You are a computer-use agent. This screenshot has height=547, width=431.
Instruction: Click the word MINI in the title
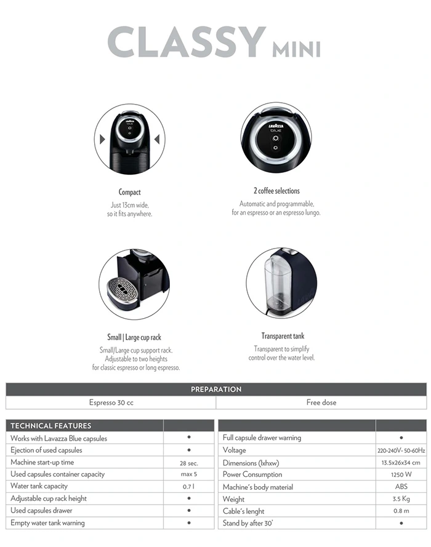[x=296, y=47]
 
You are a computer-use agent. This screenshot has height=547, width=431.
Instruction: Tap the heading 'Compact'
[x=129, y=192]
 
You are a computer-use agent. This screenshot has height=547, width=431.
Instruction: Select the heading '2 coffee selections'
[x=276, y=191]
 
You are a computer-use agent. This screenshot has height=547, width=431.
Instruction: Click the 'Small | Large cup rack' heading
[x=134, y=337]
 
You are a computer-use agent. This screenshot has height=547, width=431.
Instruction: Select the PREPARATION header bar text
[x=216, y=389]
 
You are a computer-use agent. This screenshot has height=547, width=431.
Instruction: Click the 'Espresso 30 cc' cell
[x=111, y=402]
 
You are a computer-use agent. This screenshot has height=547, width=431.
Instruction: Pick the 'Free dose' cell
[x=321, y=402]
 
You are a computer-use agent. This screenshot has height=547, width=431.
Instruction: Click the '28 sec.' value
[x=188, y=462]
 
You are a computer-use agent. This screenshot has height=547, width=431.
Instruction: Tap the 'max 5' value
[x=188, y=474]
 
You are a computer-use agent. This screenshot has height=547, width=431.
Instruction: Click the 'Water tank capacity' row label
[x=39, y=486]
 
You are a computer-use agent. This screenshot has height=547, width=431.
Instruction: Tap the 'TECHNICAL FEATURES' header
[x=51, y=426]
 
